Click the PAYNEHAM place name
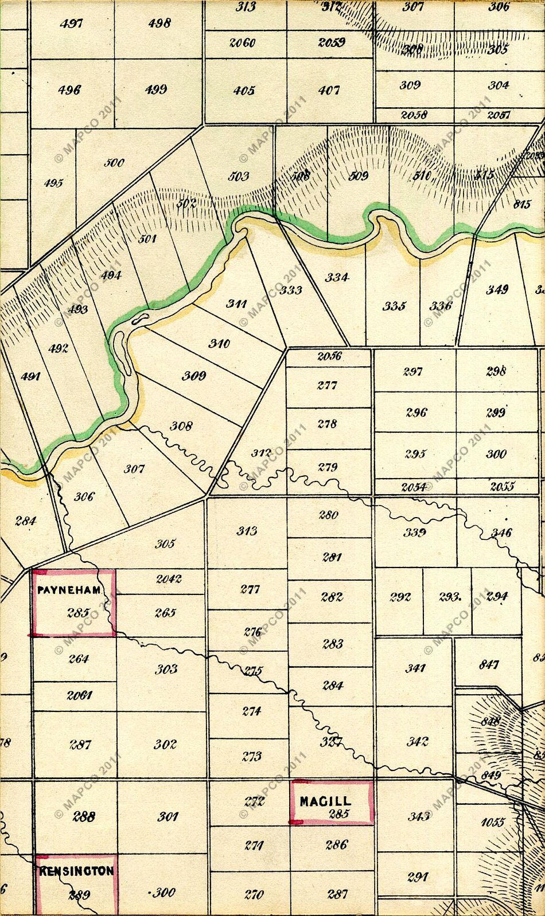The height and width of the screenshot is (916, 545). [x=69, y=590]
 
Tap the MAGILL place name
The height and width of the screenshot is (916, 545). [x=325, y=801]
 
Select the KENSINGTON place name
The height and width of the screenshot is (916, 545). [x=76, y=871]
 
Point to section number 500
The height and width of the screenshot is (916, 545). [x=114, y=163]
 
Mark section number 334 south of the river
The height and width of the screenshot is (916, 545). [x=337, y=278]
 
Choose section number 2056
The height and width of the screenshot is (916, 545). [x=329, y=356]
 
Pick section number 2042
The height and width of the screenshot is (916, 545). [x=169, y=579]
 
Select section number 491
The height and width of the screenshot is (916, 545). [x=30, y=377]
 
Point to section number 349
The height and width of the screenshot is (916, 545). [x=497, y=289]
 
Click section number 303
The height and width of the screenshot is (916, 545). [x=166, y=669]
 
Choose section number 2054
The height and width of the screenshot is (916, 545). [x=413, y=487]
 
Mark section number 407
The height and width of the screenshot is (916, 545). [x=329, y=91]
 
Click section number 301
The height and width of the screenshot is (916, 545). [x=167, y=816]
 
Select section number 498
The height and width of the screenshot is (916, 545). [x=159, y=24]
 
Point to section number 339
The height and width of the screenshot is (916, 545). [x=414, y=533]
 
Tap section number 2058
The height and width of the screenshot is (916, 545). [x=414, y=115]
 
